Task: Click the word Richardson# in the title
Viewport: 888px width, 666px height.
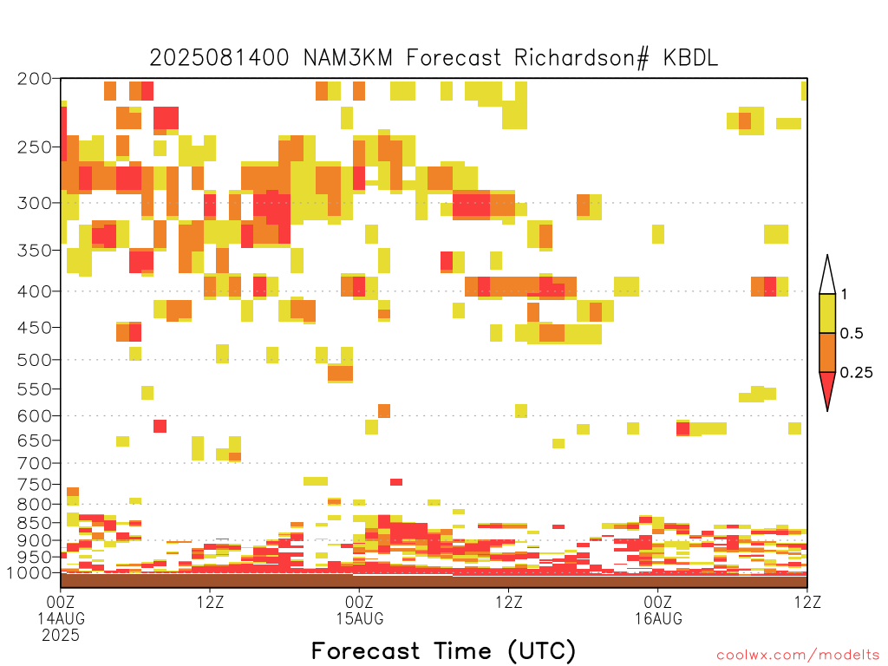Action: click(x=581, y=58)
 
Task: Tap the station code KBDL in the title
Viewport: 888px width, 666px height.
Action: click(x=690, y=58)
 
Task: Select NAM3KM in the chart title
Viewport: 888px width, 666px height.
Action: click(x=348, y=58)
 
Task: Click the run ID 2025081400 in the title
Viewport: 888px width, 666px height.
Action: click(x=219, y=58)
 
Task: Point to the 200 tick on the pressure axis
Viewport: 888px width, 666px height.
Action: click(x=34, y=79)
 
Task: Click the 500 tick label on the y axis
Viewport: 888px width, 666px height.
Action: click(x=34, y=360)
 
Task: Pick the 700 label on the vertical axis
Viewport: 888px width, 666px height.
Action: click(x=34, y=463)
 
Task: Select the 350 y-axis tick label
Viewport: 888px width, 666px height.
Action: click(x=34, y=250)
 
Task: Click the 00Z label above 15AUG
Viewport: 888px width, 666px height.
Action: click(x=359, y=602)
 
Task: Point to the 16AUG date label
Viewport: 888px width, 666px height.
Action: click(x=658, y=618)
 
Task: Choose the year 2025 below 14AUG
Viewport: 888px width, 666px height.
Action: click(x=61, y=636)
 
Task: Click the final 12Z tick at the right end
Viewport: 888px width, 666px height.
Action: click(x=807, y=602)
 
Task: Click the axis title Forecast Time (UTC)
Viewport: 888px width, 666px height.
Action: click(x=443, y=651)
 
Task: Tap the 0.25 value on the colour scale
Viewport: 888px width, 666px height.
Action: click(x=856, y=372)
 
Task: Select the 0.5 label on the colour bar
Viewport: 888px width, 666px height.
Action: click(x=852, y=333)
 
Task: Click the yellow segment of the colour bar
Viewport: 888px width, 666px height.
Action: click(x=827, y=313)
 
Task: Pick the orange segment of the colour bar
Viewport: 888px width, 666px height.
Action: click(x=827, y=352)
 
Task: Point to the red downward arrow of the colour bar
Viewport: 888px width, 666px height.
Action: click(x=827, y=388)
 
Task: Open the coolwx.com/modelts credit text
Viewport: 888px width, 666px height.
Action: click(x=798, y=656)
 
